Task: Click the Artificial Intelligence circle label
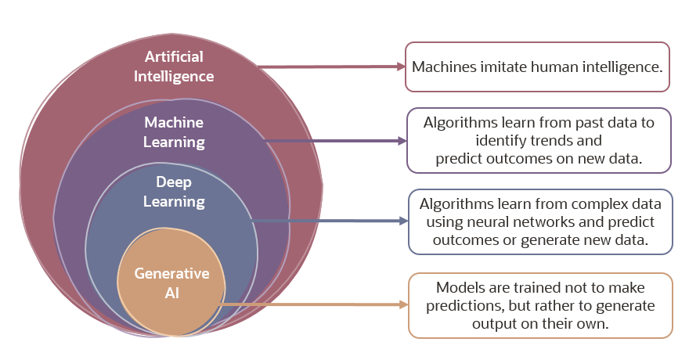point(174,67)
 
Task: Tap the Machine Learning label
point(174,133)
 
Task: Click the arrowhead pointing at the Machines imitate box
point(399,67)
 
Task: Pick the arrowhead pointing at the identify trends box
point(402,142)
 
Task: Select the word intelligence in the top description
point(619,67)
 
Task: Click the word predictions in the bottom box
point(461,305)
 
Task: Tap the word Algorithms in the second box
point(461,123)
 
